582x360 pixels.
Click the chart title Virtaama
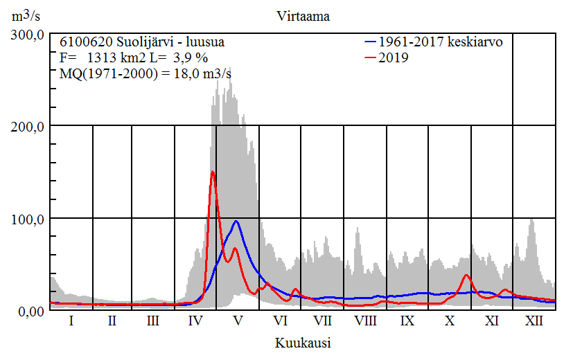[x=302, y=17]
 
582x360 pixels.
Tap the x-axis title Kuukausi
[x=302, y=343]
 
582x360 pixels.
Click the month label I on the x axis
[x=71, y=321]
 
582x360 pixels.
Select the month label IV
[x=195, y=321]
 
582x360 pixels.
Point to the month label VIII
[x=365, y=321]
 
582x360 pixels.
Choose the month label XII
[x=534, y=321]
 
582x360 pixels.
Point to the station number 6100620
[x=82, y=42]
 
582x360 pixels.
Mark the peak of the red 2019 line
[x=213, y=172]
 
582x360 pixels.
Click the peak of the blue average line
[x=236, y=221]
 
